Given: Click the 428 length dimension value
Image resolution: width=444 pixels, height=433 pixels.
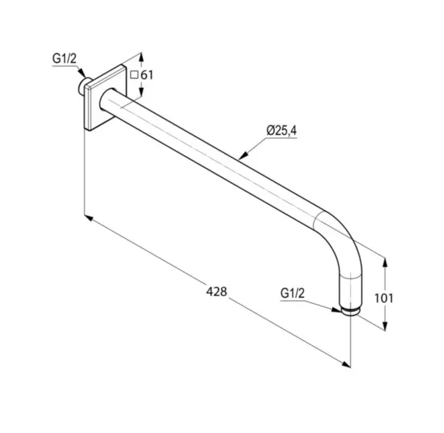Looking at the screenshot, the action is pos(217,292).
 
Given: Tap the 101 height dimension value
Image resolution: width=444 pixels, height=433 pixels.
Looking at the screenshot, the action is pos(383,298).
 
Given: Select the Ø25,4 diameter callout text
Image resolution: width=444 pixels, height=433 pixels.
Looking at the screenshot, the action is pos(282,131).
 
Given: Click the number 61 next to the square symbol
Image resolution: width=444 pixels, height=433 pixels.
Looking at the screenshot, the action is pos(147,75).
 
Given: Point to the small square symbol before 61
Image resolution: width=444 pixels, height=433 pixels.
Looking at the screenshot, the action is pos(134,75).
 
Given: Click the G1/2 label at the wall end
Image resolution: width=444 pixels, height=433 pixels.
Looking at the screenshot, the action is pos(64,59).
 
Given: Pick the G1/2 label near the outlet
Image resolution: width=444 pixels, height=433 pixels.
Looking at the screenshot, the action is pos(292,293).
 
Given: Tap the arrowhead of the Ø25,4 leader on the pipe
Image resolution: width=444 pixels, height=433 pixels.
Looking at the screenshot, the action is pos(243,155).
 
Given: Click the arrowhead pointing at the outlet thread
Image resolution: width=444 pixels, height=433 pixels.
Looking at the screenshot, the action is pos(336,310).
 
